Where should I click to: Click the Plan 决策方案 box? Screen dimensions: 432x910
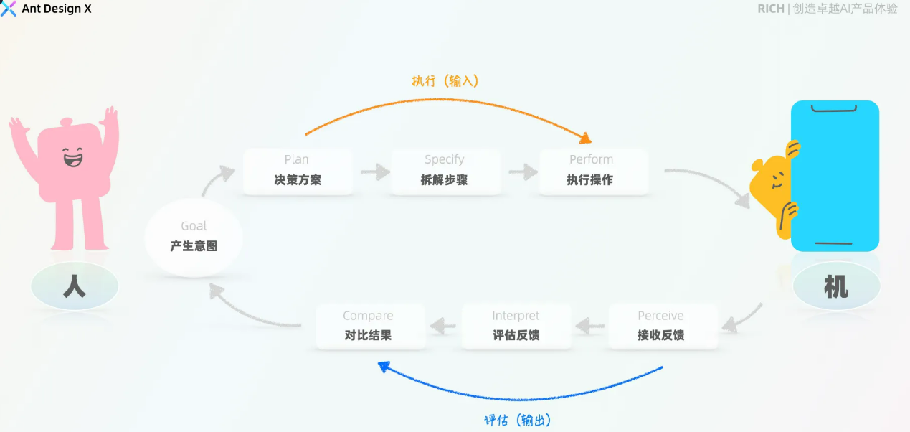coord(298,171)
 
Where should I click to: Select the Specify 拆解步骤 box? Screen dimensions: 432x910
coord(445,171)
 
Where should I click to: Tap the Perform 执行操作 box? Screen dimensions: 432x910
coord(592,171)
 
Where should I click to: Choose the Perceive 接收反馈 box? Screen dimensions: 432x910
coord(661,327)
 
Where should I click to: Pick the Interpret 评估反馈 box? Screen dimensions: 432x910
coord(516,327)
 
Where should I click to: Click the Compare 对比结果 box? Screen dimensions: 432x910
coord(369,327)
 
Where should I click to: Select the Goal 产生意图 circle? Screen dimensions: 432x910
coord(194,238)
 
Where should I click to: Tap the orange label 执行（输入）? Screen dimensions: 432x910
coord(445,81)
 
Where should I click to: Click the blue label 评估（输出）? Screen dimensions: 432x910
coord(518,421)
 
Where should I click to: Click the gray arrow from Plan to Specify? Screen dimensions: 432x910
coord(374,172)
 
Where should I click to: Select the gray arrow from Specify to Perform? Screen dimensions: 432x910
coord(523,172)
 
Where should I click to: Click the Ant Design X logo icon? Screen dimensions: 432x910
coord(9,9)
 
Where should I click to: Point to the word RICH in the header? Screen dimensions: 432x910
coord(770,9)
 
